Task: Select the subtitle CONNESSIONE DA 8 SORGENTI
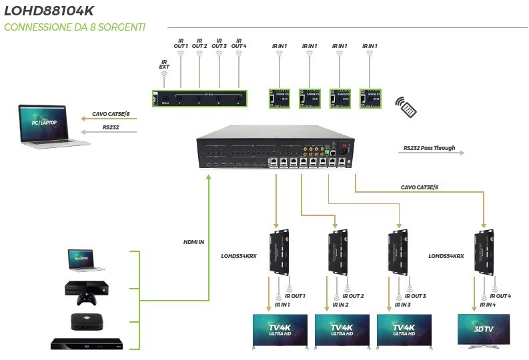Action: [75, 27]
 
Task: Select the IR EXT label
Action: [164, 65]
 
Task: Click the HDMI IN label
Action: [194, 241]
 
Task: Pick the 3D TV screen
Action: [484, 329]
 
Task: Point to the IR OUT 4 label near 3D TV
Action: [501, 296]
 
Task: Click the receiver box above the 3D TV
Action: [484, 253]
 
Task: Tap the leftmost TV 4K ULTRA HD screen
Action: [278, 329]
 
